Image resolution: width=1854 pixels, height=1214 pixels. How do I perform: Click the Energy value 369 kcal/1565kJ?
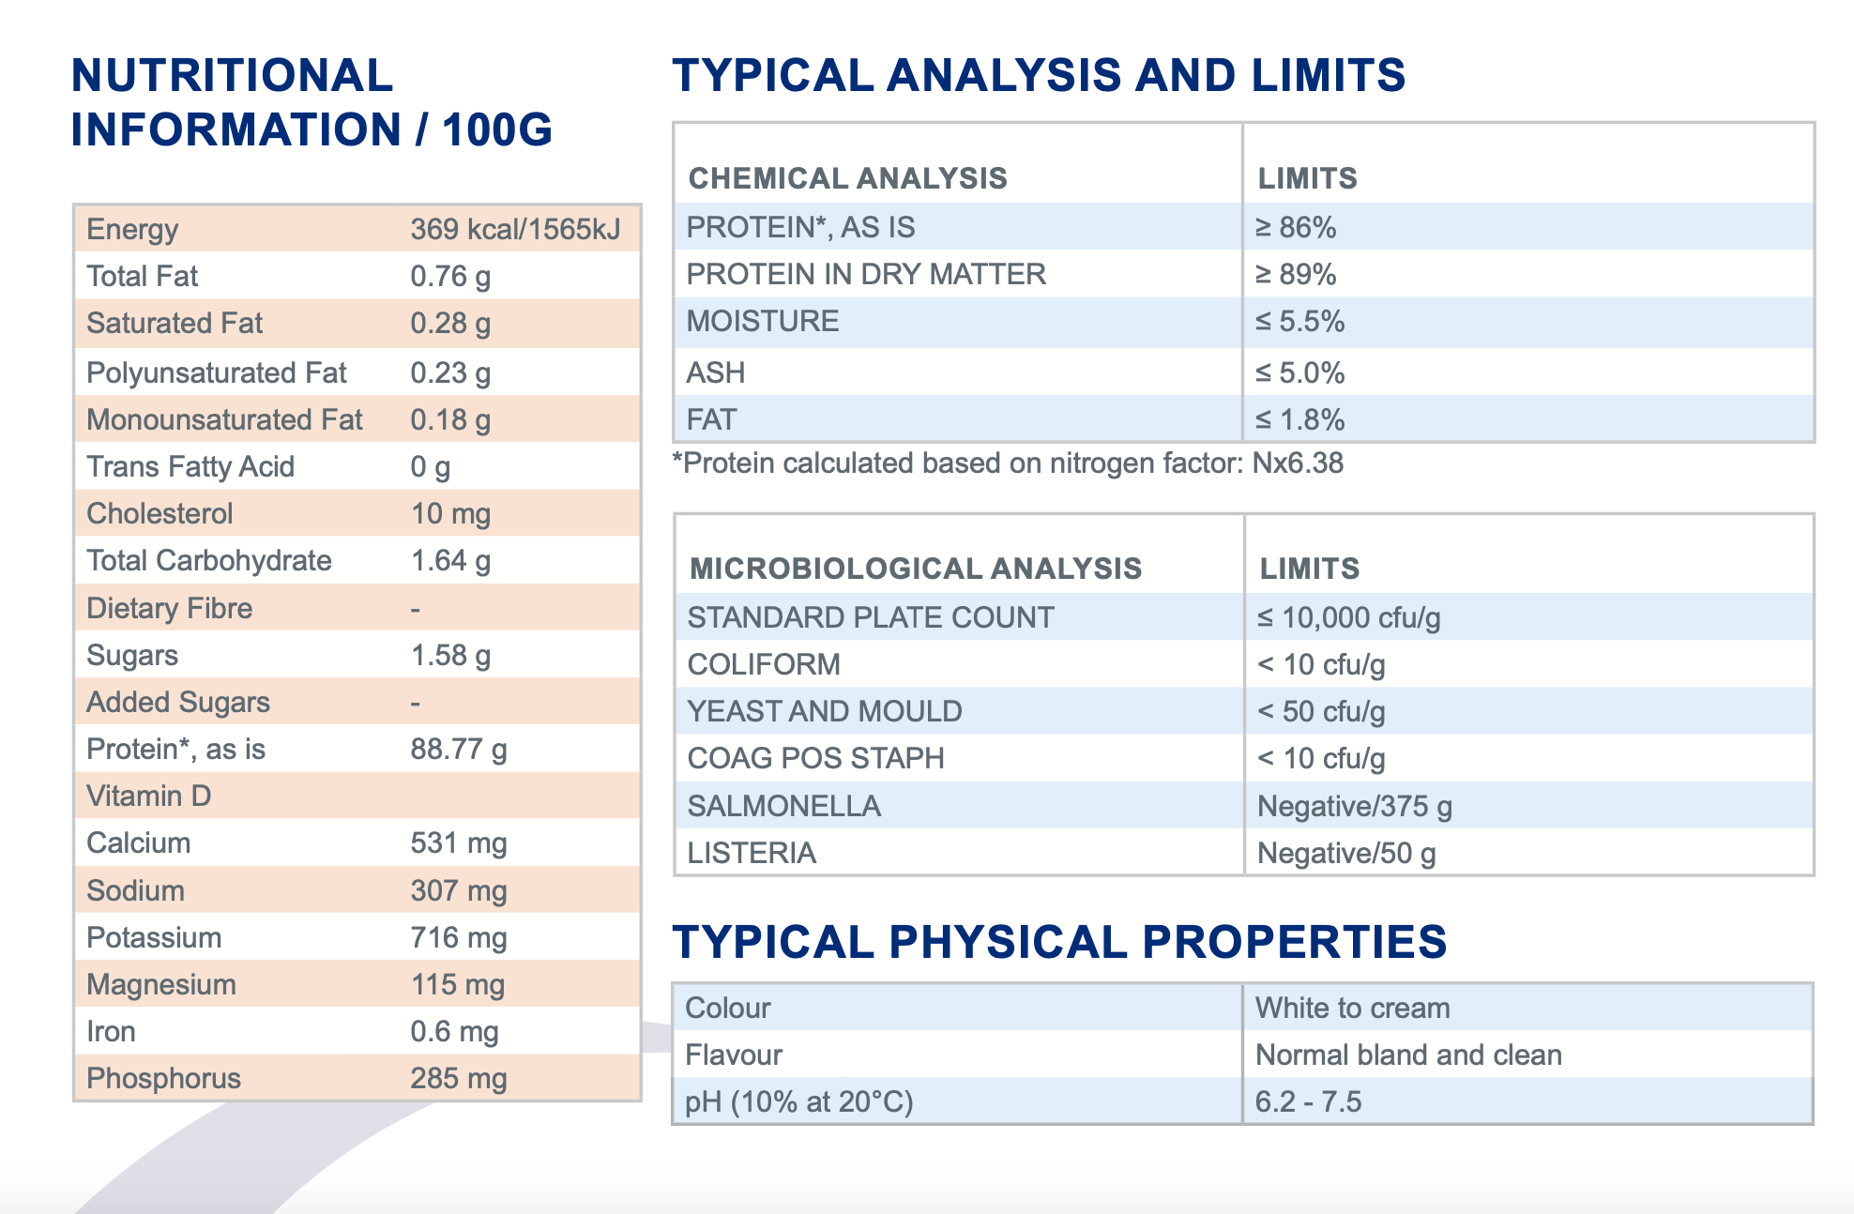pyautogui.click(x=515, y=230)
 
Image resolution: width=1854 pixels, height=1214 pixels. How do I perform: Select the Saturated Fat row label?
pyautogui.click(x=175, y=324)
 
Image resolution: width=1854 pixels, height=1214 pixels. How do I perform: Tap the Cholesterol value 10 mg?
pyautogui.click(x=450, y=514)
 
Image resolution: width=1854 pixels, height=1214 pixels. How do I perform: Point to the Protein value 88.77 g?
pyautogui.click(x=459, y=750)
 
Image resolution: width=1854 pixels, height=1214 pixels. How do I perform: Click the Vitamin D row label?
pyautogui.click(x=148, y=797)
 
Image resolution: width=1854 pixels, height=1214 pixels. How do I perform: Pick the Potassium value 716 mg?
pyautogui.click(x=459, y=938)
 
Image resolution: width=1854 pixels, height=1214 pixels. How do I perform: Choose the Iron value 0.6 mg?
pyautogui.click(x=454, y=1032)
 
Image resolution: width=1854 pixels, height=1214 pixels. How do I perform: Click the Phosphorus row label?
pyautogui.click(x=163, y=1079)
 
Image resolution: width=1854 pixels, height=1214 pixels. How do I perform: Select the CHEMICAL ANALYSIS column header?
pyautogui.click(x=847, y=178)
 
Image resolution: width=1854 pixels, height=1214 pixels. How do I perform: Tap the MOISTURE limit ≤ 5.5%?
pyautogui.click(x=1299, y=322)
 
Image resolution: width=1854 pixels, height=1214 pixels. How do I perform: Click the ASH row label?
pyautogui.click(x=715, y=373)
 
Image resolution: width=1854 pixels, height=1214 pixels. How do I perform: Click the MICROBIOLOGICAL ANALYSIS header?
pyautogui.click(x=916, y=569)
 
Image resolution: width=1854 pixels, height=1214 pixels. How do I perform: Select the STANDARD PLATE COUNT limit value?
pyautogui.click(x=1348, y=618)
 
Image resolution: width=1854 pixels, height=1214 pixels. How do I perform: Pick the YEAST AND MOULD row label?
pyautogui.click(x=825, y=712)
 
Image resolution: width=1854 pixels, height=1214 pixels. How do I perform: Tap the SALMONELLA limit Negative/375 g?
pyautogui.click(x=1354, y=807)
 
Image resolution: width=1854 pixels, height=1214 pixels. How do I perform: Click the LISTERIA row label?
pyautogui.click(x=752, y=854)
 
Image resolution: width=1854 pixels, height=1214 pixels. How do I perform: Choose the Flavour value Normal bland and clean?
pyautogui.click(x=1408, y=1055)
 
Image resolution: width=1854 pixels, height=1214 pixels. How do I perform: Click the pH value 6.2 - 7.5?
pyautogui.click(x=1308, y=1102)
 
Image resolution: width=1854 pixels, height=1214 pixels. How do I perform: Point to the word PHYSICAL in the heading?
pyautogui.click(x=1007, y=942)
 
